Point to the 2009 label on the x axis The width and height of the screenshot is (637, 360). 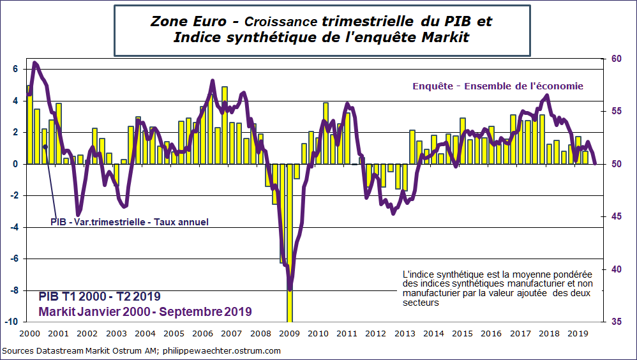tap(290, 333)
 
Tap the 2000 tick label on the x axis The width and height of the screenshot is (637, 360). tap(29, 333)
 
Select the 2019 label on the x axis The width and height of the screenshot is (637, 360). tap(578, 333)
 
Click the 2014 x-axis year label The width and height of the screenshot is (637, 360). tap(434, 333)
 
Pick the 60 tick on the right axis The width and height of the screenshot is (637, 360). tap(617, 59)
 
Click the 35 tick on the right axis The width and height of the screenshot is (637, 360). tap(617, 322)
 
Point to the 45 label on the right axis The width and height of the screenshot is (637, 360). tap(617, 216)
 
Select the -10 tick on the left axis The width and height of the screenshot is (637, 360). tap(12, 322)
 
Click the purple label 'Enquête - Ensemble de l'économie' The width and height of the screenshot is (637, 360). tap(497, 86)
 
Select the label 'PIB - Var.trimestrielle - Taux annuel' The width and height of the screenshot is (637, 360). tap(130, 222)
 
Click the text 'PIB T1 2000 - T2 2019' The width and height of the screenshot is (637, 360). tap(99, 297)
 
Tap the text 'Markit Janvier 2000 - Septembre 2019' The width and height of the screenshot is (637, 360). tap(145, 311)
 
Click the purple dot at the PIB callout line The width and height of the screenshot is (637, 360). tap(45, 147)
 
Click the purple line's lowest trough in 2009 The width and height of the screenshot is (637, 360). tap(290, 289)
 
